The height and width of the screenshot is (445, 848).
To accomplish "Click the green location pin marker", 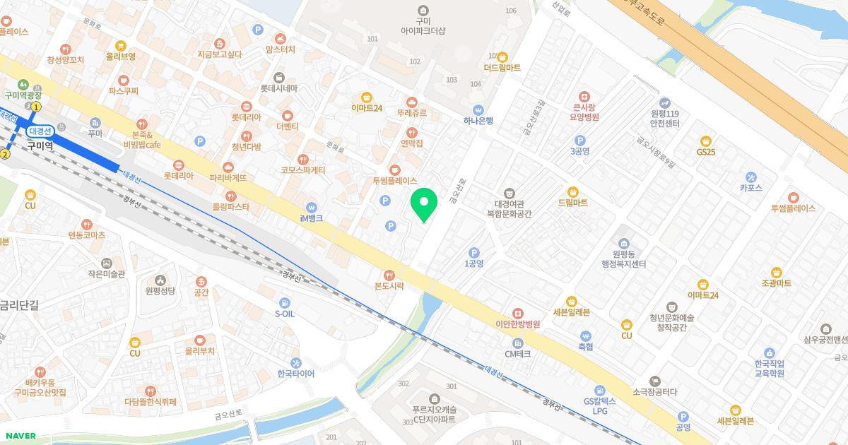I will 424,205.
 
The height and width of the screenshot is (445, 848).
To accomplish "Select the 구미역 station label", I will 40,146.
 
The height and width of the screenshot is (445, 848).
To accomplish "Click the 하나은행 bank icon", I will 478,109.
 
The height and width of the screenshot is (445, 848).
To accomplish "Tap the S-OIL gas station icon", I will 284,302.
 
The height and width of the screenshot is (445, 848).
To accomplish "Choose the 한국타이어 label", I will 295,374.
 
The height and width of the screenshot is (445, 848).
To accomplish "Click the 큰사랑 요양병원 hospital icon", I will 583,96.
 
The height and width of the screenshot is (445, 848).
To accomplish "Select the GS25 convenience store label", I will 705,152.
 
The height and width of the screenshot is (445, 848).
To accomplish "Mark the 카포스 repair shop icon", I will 750,177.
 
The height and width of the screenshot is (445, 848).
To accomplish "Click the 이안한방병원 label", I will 517,324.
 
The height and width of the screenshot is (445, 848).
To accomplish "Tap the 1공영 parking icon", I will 474,252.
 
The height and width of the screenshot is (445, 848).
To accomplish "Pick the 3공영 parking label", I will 579,151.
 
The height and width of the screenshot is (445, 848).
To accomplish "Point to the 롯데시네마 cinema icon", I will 278,77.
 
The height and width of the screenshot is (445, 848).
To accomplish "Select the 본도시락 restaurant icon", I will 388,275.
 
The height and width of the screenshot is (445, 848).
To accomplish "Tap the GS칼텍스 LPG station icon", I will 599,391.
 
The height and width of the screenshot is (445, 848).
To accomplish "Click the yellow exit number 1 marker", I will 36,107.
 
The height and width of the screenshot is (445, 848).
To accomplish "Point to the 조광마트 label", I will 776,283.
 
